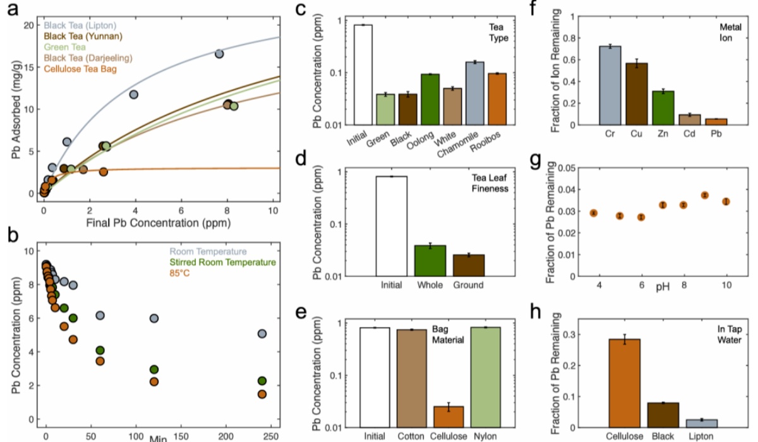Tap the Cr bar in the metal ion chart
pyautogui.click(x=609, y=85)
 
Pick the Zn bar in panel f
pyautogui.click(x=663, y=108)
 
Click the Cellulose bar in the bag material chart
pyautogui.click(x=448, y=417)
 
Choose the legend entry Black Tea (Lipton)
pyautogui.click(x=80, y=25)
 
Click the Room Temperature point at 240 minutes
pyautogui.click(x=262, y=333)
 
